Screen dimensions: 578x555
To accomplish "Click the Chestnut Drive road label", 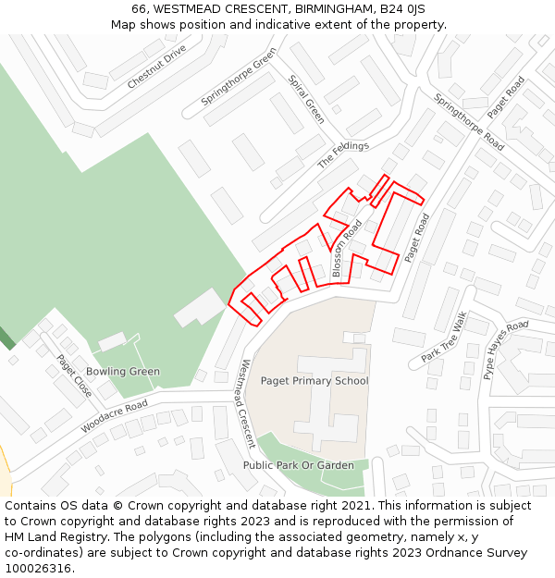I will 157,67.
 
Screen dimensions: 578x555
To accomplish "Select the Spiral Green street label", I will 306,99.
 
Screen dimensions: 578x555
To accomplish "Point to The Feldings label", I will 343,154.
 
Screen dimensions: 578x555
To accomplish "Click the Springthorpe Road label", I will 469,122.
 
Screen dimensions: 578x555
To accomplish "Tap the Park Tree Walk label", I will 445,338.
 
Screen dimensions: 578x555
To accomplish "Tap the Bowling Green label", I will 123,372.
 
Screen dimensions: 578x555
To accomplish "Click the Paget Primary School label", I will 314,381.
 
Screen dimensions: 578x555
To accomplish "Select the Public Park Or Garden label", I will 299,465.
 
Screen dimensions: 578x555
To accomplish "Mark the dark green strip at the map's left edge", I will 6,338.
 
